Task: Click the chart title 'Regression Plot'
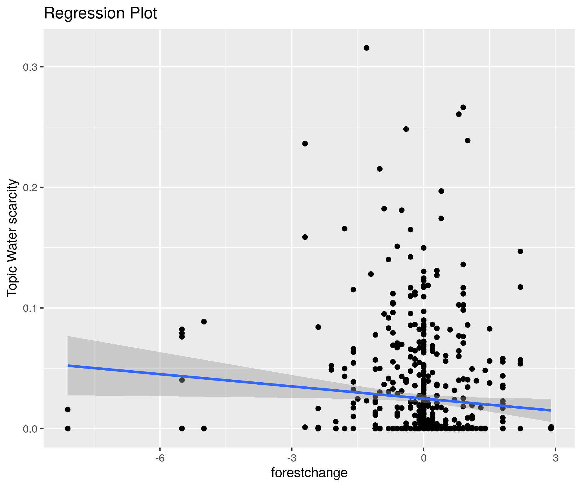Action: [100, 13]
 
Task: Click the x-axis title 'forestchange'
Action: [309, 473]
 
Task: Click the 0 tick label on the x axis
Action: [423, 458]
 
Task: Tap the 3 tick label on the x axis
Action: [555, 458]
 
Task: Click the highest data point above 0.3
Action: [366, 48]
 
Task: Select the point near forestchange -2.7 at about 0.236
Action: [305, 144]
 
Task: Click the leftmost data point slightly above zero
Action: [68, 409]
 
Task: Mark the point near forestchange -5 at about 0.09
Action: [204, 322]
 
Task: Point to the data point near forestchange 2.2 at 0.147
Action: [520, 251]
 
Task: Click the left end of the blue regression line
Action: [68, 366]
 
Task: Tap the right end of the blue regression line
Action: [551, 410]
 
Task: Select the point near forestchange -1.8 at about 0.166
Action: [345, 228]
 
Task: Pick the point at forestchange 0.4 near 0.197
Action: [441, 191]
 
